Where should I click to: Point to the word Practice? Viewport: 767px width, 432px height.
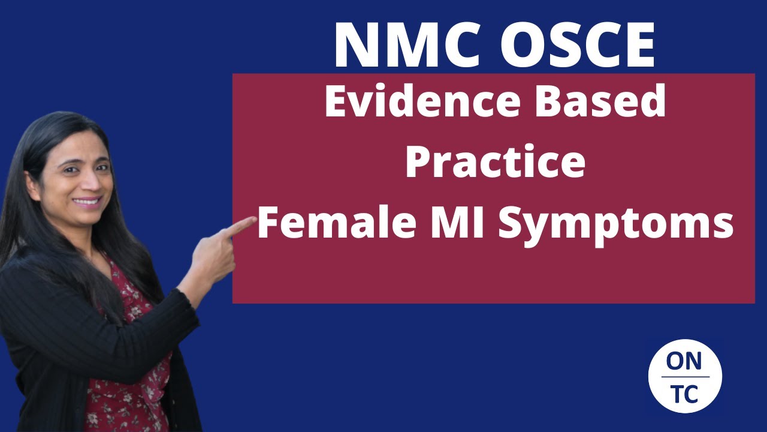(495, 163)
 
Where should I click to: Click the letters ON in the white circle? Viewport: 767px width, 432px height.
(684, 361)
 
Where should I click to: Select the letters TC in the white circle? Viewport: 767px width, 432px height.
(684, 394)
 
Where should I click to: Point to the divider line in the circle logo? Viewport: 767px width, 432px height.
(684, 377)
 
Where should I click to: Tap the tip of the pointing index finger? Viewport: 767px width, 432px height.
(252, 221)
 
